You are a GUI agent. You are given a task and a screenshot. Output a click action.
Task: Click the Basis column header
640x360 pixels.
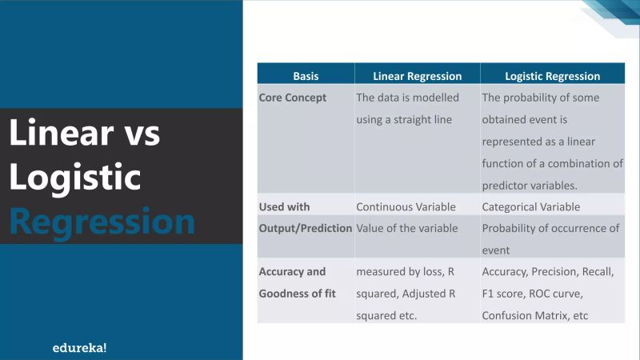[306, 77]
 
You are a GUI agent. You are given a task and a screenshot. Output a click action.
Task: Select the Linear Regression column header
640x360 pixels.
[418, 77]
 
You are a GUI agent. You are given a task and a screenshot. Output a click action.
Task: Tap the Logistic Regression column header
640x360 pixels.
[553, 77]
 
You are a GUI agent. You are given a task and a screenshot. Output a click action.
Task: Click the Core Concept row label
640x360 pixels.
[293, 98]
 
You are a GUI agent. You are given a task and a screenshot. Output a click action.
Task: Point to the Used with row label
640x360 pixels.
[284, 206]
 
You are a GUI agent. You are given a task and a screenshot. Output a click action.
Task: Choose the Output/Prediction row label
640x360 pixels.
[306, 228]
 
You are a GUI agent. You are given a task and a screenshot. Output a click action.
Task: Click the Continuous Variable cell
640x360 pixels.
[406, 206]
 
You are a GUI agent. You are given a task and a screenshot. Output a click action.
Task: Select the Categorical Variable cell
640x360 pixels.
[530, 206]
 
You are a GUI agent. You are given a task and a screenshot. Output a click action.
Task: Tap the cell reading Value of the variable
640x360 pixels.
[407, 228]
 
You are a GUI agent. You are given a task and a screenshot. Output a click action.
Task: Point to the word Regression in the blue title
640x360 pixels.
[102, 221]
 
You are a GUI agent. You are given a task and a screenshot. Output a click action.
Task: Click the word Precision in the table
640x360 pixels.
[558, 272]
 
